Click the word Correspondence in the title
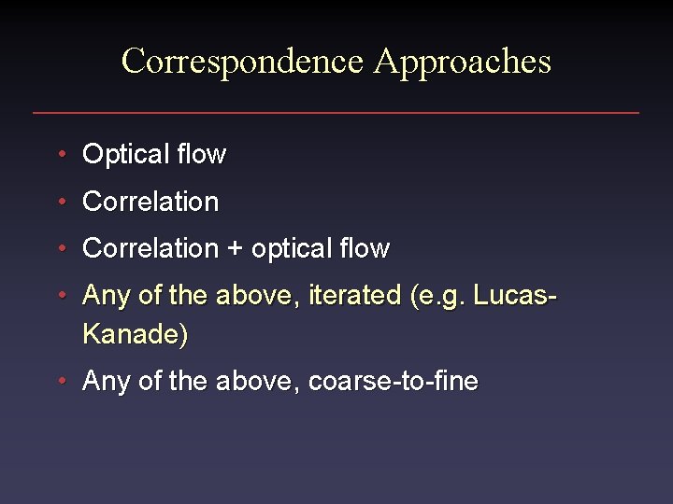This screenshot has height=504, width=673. point(242,62)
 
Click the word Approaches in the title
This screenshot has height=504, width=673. point(463,62)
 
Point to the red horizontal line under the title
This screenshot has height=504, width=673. point(336,113)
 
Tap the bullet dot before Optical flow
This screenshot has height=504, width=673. point(61,154)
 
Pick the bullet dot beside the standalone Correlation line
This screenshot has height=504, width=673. point(61,202)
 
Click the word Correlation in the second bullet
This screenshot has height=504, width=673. point(150,202)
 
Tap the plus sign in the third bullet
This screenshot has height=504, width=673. point(234,249)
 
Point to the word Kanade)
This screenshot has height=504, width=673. point(136,333)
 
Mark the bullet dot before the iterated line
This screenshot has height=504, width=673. point(61,296)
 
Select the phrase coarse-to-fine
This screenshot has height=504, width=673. point(394,381)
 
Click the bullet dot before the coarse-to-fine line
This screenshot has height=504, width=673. point(61,381)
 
